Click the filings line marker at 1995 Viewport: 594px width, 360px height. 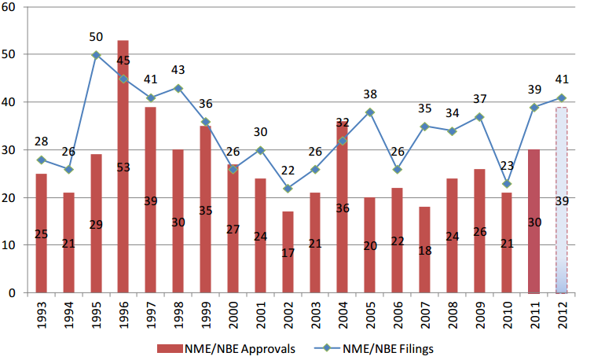click(x=96, y=55)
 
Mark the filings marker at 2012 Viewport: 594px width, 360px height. click(x=562, y=97)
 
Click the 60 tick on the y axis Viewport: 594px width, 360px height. click(x=15, y=7)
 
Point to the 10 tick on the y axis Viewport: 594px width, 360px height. click(x=15, y=245)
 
